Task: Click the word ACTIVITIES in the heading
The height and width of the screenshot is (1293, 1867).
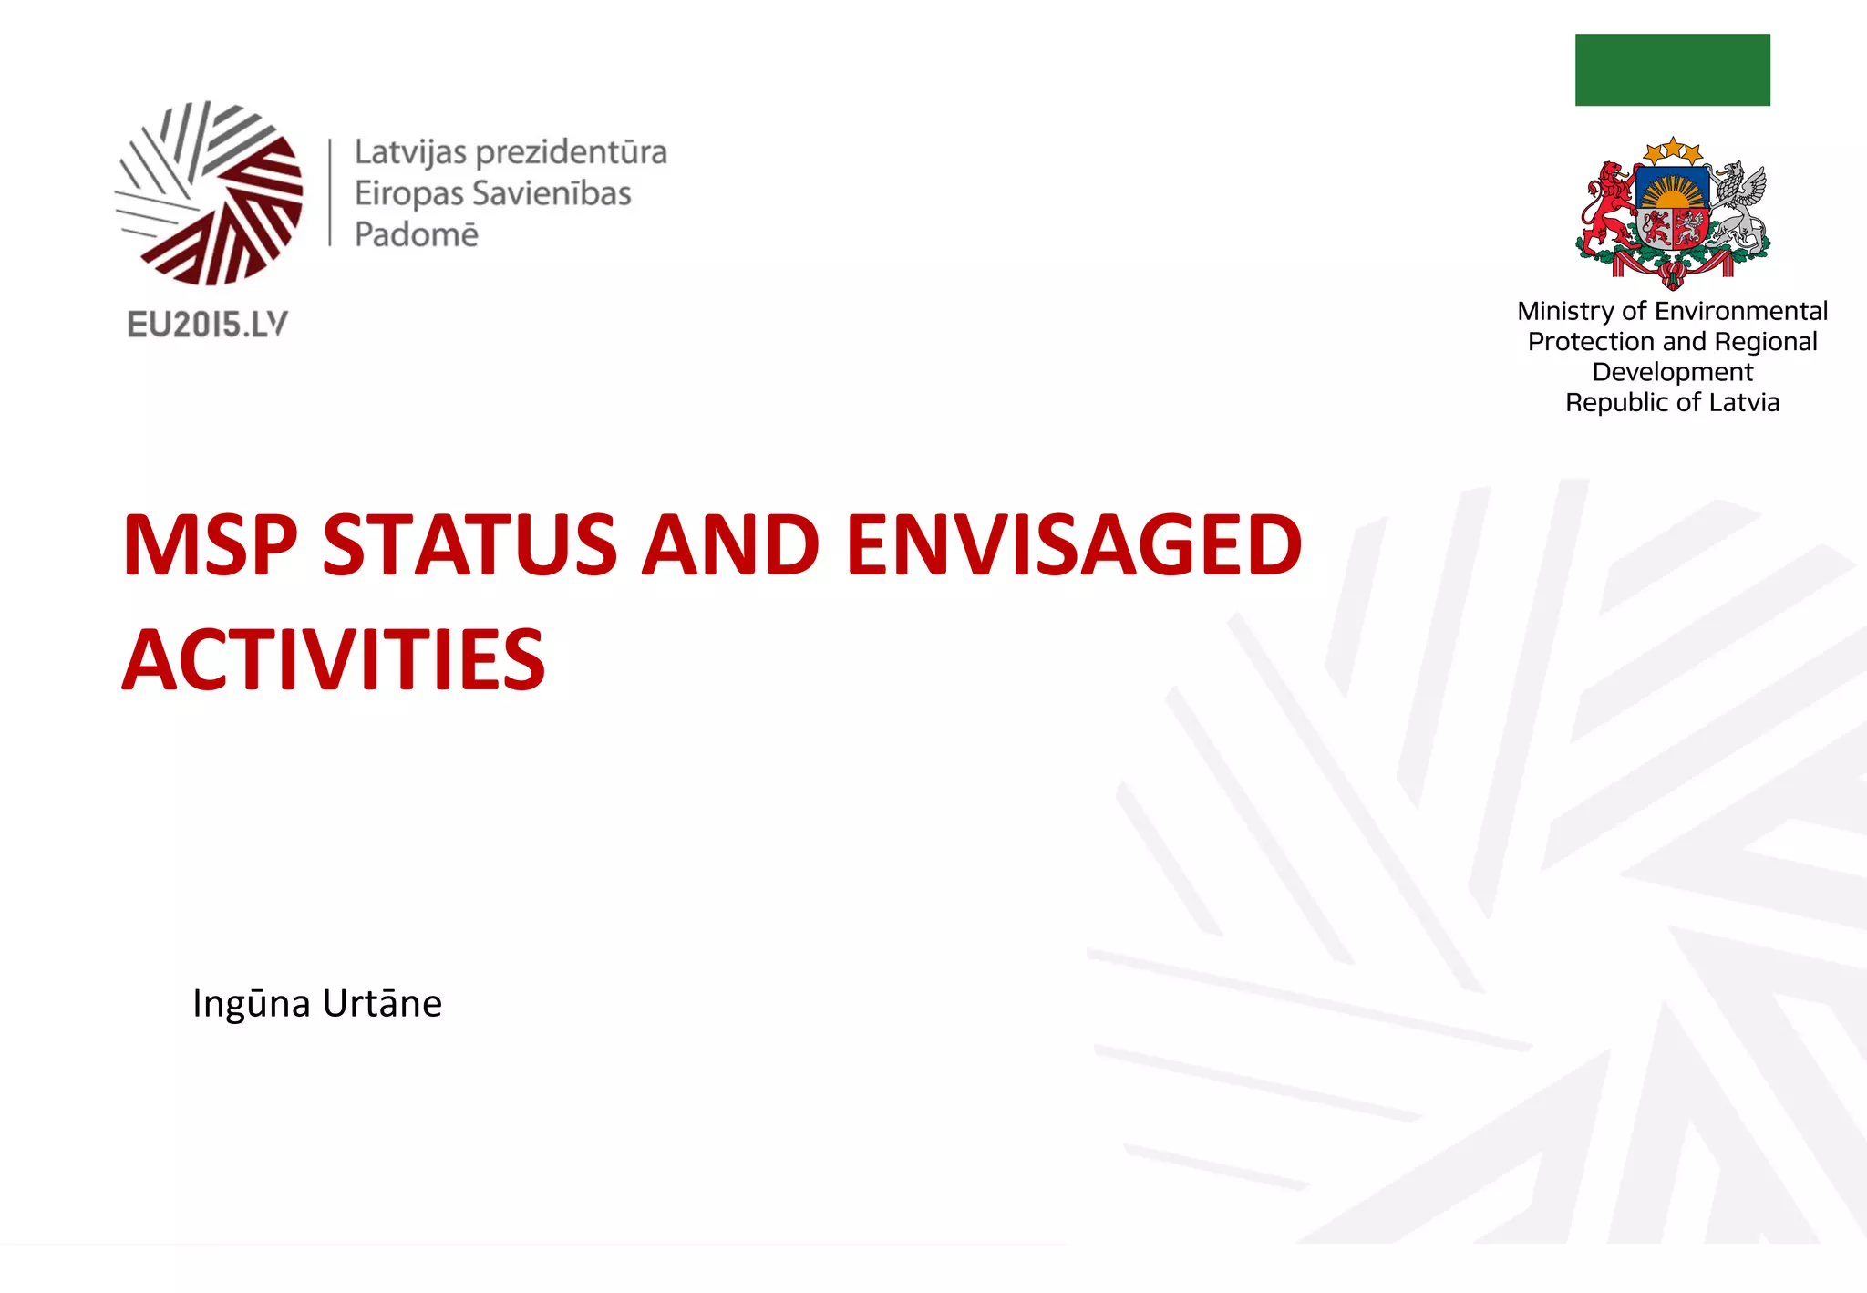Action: pos(334,660)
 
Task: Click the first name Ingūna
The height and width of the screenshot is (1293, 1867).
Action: pos(252,1004)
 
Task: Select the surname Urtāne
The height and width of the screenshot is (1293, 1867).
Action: pos(382,1004)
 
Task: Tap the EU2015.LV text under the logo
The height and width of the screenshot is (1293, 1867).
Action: pos(208,325)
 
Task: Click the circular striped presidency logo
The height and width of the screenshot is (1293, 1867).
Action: pos(210,193)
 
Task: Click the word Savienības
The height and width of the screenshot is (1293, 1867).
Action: pos(552,193)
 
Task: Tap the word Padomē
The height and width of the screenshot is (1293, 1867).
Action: pos(416,235)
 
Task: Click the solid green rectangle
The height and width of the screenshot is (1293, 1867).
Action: pos(1672,70)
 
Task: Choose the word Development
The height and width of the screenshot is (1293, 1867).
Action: pos(1672,372)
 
